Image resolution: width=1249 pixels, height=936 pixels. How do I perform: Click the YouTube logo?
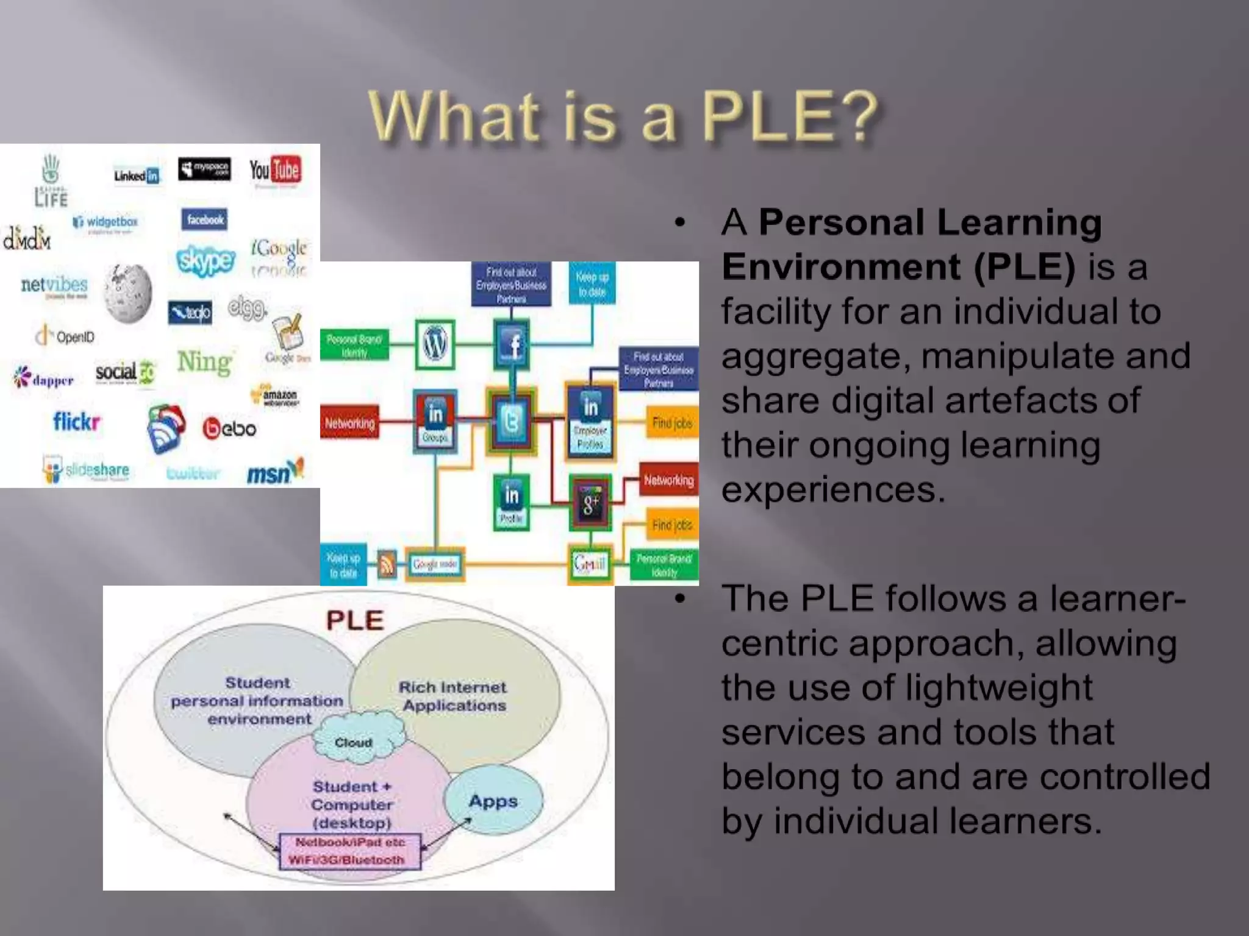pos(274,171)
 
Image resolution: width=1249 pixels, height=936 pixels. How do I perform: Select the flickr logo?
pos(76,421)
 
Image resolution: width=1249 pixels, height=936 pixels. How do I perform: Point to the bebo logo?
pos(229,428)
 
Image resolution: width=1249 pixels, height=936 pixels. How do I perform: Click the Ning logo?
pos(204,363)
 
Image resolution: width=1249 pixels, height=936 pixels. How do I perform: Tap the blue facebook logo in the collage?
pos(204,219)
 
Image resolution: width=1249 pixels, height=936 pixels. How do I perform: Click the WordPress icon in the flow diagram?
pos(435,344)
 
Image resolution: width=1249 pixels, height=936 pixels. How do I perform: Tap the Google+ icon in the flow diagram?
pos(590,503)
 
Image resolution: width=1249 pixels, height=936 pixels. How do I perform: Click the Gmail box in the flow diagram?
pos(590,564)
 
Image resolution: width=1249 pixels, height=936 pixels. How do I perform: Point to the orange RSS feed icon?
pos(387,564)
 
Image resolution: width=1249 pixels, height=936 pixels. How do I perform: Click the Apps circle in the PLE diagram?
pos(493,801)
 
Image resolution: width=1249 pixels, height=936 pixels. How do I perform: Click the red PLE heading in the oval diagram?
pos(355,621)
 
